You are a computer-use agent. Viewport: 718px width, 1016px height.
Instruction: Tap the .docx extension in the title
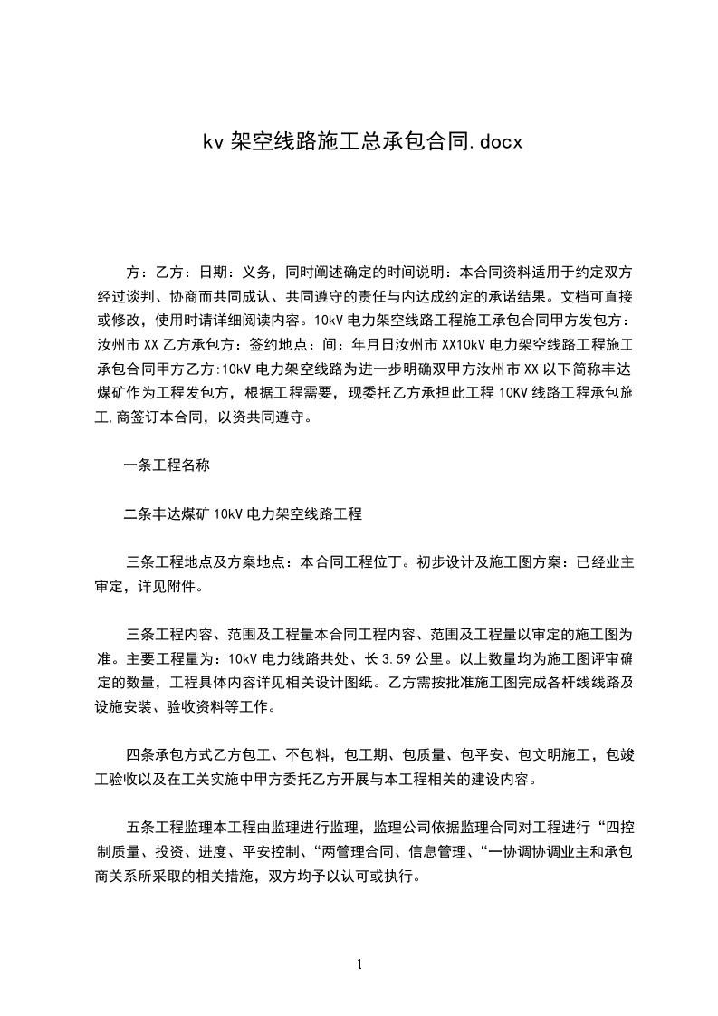(488, 142)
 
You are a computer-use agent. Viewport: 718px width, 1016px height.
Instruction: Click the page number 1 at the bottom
(359, 964)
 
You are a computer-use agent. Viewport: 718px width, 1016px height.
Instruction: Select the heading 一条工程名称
(167, 465)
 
